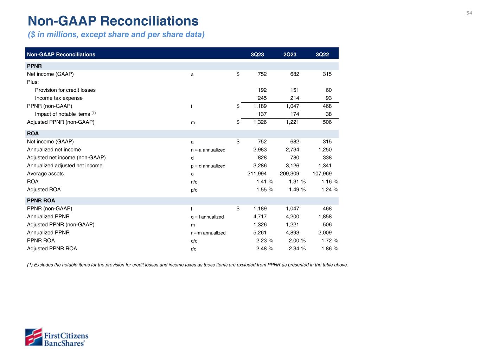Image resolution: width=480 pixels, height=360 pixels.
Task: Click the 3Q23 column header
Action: click(x=257, y=54)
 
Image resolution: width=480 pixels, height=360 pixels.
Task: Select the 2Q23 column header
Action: click(x=290, y=54)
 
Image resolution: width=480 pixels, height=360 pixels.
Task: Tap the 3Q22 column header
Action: click(x=322, y=54)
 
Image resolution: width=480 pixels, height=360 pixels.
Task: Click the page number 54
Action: click(x=469, y=13)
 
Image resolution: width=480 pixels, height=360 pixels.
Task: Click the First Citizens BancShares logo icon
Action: click(x=33, y=337)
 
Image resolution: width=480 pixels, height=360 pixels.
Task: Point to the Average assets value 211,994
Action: click(x=257, y=174)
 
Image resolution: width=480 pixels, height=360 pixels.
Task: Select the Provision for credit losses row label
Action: click(x=65, y=90)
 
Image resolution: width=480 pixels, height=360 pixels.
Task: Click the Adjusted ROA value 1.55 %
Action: click(x=264, y=190)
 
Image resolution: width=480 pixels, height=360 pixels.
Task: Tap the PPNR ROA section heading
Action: click(x=41, y=201)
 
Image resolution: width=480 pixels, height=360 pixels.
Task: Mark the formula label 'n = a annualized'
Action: click(x=208, y=150)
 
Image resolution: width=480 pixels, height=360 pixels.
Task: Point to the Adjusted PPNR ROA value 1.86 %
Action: click(x=329, y=249)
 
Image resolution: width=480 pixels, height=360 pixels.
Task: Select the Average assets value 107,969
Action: click(x=322, y=174)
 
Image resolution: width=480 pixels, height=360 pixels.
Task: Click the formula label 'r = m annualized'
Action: click(x=208, y=233)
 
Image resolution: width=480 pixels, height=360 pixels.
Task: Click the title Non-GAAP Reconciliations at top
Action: click(x=113, y=21)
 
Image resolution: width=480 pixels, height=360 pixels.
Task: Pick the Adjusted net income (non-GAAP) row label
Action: click(x=66, y=157)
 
